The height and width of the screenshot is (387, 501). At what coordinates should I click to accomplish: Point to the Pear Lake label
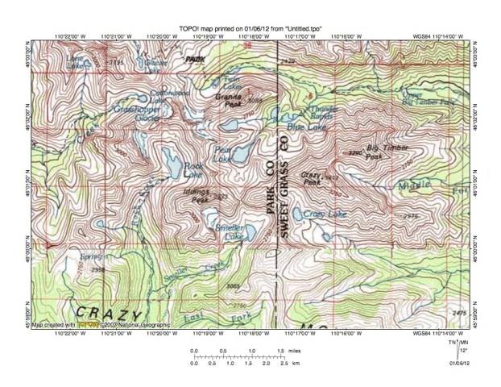click(222, 154)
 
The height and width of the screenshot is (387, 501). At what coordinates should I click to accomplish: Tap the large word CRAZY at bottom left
click(109, 312)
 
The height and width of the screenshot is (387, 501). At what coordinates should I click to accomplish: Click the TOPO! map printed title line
click(250, 27)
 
